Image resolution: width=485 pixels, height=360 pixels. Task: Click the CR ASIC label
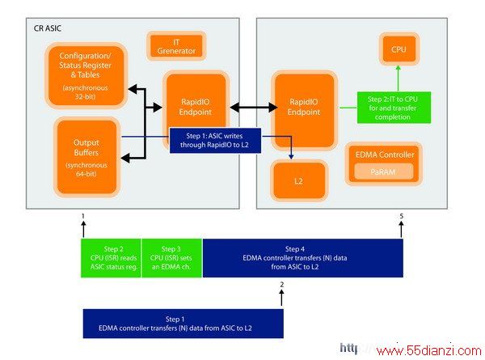pos(48,28)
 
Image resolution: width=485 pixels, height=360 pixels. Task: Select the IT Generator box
pos(176,46)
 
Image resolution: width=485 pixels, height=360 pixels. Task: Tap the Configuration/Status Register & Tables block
pos(86,76)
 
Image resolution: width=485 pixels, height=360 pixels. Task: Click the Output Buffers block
pos(86,157)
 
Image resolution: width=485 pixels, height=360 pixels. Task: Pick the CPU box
pos(399,49)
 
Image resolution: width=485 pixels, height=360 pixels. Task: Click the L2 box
pos(298,180)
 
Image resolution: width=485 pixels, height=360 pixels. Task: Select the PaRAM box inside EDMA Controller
pos(383,172)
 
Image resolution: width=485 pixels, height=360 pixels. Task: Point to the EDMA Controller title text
pos(385,155)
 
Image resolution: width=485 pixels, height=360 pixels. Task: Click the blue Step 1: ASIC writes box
pos(215,141)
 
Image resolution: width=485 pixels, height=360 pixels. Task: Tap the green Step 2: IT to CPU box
pos(394,108)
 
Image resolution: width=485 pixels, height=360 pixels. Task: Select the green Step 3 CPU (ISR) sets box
pos(171,258)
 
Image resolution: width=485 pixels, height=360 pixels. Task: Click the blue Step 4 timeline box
pos(303,258)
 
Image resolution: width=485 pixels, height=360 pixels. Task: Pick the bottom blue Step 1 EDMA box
pos(183,324)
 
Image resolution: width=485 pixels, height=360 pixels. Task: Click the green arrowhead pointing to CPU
pos(399,68)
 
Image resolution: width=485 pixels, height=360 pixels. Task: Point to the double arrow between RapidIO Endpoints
pos(254,108)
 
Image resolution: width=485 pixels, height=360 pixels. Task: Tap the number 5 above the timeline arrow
pos(402,216)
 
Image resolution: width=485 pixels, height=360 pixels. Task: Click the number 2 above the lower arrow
pos(282,285)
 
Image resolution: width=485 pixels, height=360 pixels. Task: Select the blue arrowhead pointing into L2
pos(291,157)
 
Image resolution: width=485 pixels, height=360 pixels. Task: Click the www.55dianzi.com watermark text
pos(429,351)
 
